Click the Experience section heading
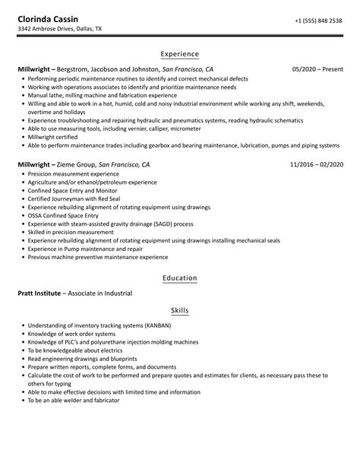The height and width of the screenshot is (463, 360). coord(180,54)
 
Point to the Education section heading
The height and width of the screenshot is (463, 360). coord(180,278)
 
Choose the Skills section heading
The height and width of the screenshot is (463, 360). coord(180,311)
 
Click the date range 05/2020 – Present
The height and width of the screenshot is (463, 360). coord(317,69)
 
